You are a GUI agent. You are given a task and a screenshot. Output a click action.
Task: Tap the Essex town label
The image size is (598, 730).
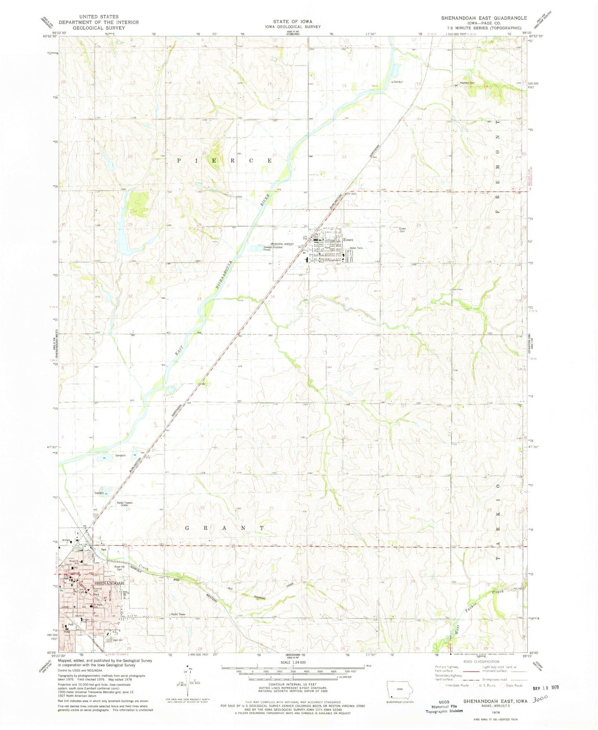348,240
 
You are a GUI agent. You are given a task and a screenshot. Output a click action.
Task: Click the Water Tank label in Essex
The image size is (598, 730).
356,248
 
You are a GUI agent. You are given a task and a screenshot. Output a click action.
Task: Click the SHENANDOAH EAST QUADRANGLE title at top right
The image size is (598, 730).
484,18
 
